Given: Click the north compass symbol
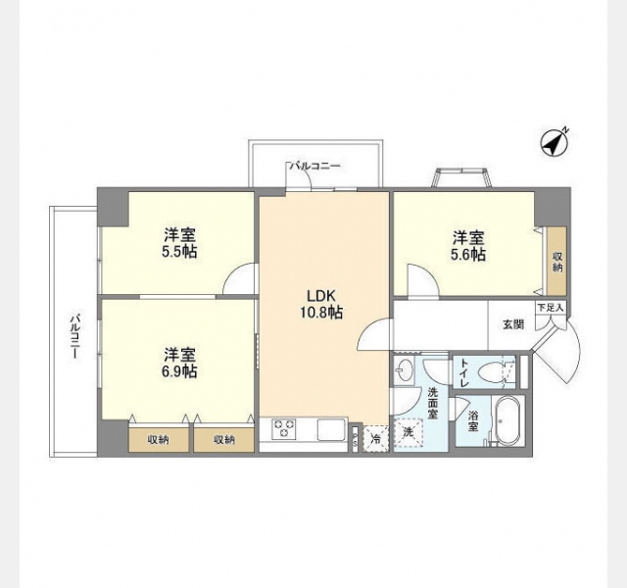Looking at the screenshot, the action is coord(555,143).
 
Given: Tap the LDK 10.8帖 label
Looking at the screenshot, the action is coord(321,304).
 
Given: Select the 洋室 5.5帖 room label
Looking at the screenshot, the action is coord(179,243).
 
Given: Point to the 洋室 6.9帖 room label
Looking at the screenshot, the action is coord(179,363).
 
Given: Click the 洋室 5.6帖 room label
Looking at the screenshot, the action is coord(468,246).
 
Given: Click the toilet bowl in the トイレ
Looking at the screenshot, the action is coord(492,370).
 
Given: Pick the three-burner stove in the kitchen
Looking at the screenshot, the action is coord(284,429).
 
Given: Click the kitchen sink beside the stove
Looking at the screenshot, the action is coord(331,429).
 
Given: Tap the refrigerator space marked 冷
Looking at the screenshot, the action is coord(375,439).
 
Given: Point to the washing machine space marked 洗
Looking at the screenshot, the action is coord(408,432).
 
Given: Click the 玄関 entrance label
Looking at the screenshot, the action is coord(513,324).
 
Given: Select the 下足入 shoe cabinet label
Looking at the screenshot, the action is coord(551,308).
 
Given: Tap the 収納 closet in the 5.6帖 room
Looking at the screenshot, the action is coord(557,262).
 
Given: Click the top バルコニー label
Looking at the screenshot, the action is coord(315,166).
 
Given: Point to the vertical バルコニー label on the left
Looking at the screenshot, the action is coord(74,336).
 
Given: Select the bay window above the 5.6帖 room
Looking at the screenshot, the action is coord(462,177).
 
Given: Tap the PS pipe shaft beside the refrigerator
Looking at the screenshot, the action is coord(355,439).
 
